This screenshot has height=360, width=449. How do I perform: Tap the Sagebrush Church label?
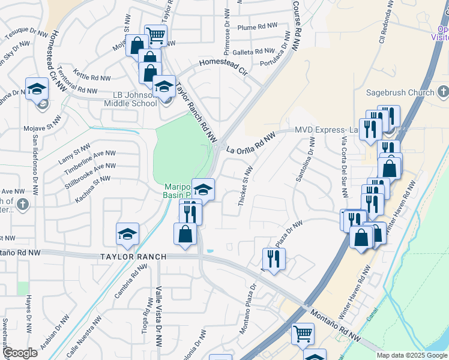click(x=400, y=92)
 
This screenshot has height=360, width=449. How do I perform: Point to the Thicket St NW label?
click(x=245, y=187)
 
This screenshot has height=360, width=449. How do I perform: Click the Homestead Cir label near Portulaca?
click(x=223, y=63)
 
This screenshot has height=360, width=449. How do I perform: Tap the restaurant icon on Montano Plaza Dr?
click(x=274, y=259)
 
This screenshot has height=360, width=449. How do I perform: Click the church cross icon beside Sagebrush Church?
click(x=443, y=92)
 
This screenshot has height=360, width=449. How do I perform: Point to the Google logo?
click(x=20, y=353)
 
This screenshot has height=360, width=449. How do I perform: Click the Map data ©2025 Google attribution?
click(x=412, y=355)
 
